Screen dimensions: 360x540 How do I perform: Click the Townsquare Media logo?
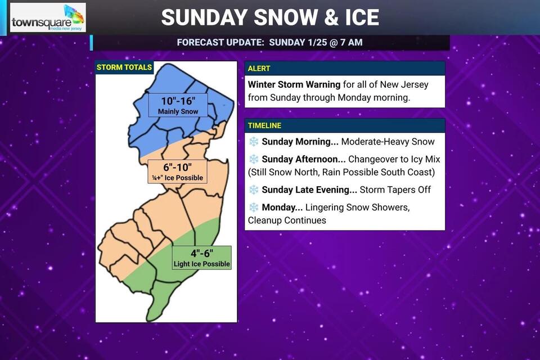[48, 18]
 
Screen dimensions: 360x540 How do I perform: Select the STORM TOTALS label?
[124, 67]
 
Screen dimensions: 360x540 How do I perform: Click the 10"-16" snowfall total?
[178, 102]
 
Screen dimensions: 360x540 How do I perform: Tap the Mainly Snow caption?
[178, 112]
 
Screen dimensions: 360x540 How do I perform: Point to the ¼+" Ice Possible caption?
[176, 178]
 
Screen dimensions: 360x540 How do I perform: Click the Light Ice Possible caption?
[201, 263]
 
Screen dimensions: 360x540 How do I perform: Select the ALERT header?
[259, 68]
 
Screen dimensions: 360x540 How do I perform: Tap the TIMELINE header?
[264, 125]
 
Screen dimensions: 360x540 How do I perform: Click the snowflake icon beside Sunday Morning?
[254, 142]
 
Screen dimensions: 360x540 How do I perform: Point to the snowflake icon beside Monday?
[254, 208]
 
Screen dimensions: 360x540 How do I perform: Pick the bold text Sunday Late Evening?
[309, 190]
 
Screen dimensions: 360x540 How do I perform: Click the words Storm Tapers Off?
[395, 190]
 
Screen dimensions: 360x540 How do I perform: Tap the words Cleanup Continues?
[287, 220]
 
